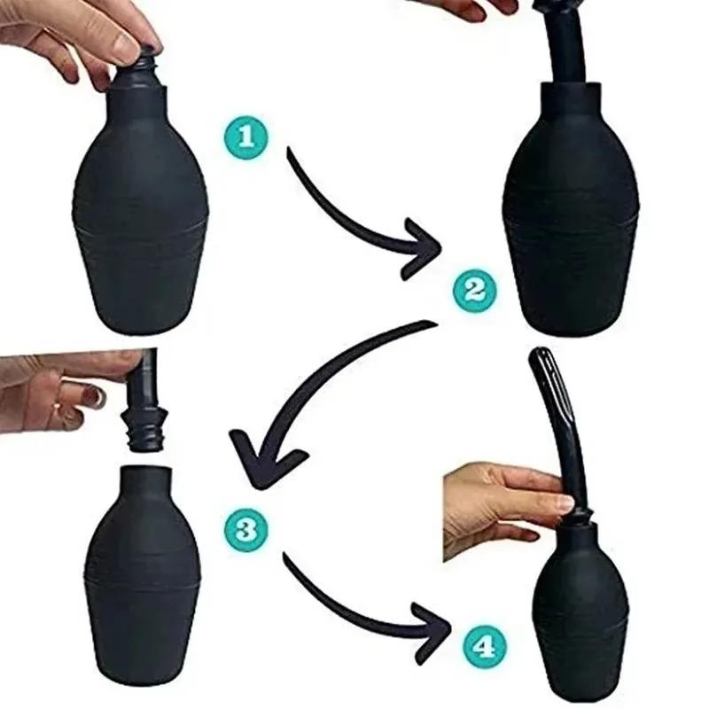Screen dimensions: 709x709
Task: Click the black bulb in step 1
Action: click(144, 213)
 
